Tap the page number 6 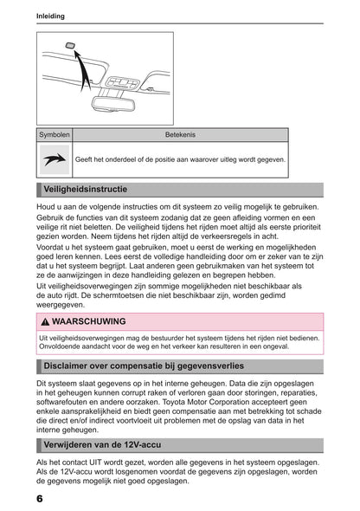pyautogui.click(x=41, y=499)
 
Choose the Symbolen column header pyautogui.click(x=54, y=135)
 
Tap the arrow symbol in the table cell pyautogui.click(x=54, y=159)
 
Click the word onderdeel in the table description pyautogui.click(x=121, y=160)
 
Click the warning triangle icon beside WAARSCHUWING pyautogui.click(x=46, y=321)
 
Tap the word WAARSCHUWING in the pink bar pyautogui.click(x=89, y=321)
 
